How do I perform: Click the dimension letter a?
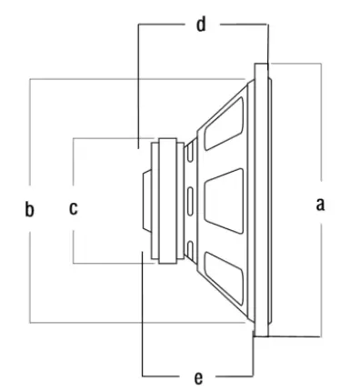pyautogui.click(x=319, y=205)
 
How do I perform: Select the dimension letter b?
pyautogui.click(x=30, y=210)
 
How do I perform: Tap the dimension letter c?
pyautogui.click(x=74, y=208)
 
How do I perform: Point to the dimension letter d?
pyautogui.click(x=202, y=25)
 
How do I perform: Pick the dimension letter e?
pyautogui.click(x=199, y=375)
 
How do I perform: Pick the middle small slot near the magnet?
pyautogui.click(x=190, y=198)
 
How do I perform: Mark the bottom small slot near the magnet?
pyautogui.click(x=190, y=246)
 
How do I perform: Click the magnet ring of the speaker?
pyautogui.click(x=165, y=200)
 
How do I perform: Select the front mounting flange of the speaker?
pyautogui.click(x=262, y=200)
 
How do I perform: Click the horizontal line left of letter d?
pyautogui.click(x=164, y=25)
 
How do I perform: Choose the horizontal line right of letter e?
pyautogui.click(x=232, y=375)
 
